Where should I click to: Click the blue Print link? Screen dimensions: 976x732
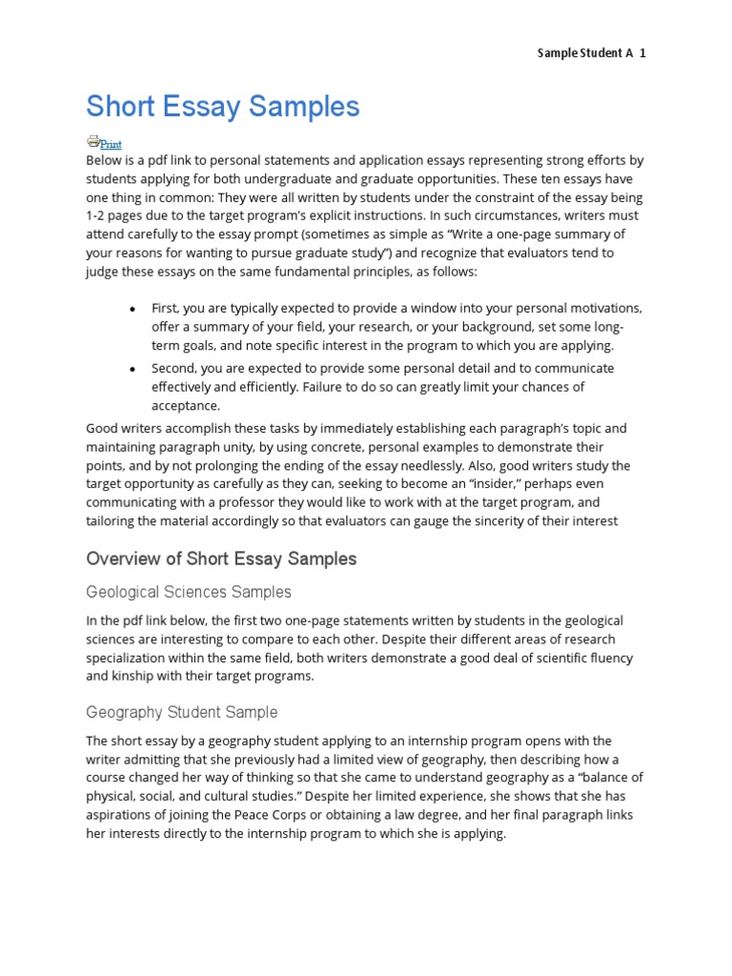pos(111,144)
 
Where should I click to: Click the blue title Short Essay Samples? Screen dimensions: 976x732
pos(223,106)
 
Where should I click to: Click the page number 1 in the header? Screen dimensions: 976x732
pos(642,53)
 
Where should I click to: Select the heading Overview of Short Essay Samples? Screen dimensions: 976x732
pos(221,559)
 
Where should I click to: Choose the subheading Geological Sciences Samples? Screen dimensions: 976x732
pos(189,592)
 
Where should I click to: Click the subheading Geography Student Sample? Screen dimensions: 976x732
pos(182,712)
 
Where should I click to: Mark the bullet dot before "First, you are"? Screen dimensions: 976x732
pos(132,309)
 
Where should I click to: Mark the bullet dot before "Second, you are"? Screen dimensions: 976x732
pos(132,368)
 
